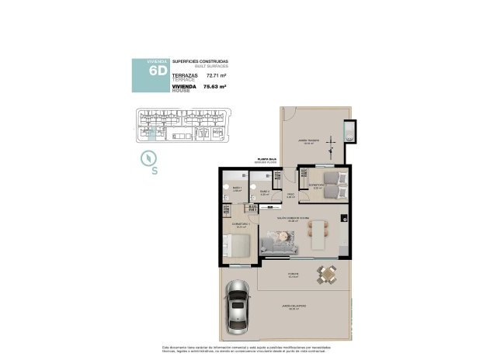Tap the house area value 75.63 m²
click(x=214, y=87)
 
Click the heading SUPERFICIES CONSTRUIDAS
click(x=200, y=61)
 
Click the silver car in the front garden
click(x=238, y=306)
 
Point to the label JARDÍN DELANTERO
click(x=294, y=306)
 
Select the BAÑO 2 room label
click(x=265, y=191)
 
